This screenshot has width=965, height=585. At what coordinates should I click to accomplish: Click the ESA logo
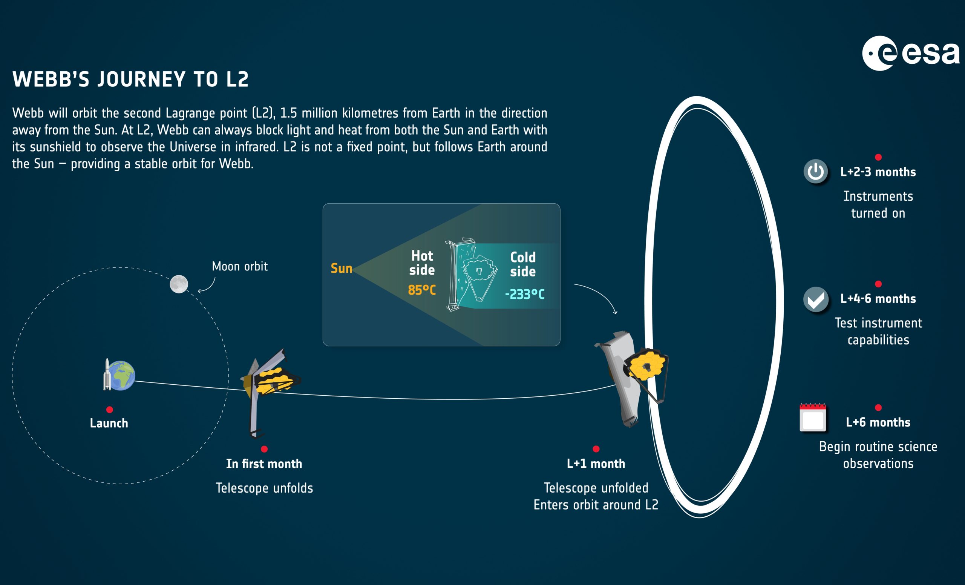(x=911, y=53)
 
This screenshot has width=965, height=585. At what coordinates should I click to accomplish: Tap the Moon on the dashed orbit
(x=179, y=284)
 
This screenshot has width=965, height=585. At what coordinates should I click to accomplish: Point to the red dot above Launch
(x=110, y=410)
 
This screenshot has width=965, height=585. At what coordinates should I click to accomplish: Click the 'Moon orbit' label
(x=240, y=266)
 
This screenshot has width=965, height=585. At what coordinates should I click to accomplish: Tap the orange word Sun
(x=342, y=269)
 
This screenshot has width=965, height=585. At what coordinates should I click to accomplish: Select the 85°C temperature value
(x=422, y=290)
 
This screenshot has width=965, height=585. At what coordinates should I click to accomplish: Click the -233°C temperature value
(x=525, y=294)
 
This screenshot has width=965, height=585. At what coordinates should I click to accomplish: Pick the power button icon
(x=816, y=171)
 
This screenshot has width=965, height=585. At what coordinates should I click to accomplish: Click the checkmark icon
(x=816, y=299)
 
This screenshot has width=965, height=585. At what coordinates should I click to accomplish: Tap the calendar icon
(x=813, y=417)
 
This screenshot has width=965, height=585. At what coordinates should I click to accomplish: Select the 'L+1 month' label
(x=596, y=464)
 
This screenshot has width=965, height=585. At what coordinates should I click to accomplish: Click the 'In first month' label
(x=264, y=464)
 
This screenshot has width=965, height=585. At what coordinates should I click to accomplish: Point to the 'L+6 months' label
(x=878, y=422)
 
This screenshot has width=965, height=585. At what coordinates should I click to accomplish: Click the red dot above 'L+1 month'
(x=596, y=448)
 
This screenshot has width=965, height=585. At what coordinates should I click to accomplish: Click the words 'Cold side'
(x=523, y=264)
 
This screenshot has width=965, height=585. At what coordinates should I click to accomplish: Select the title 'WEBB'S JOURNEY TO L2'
(x=131, y=79)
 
